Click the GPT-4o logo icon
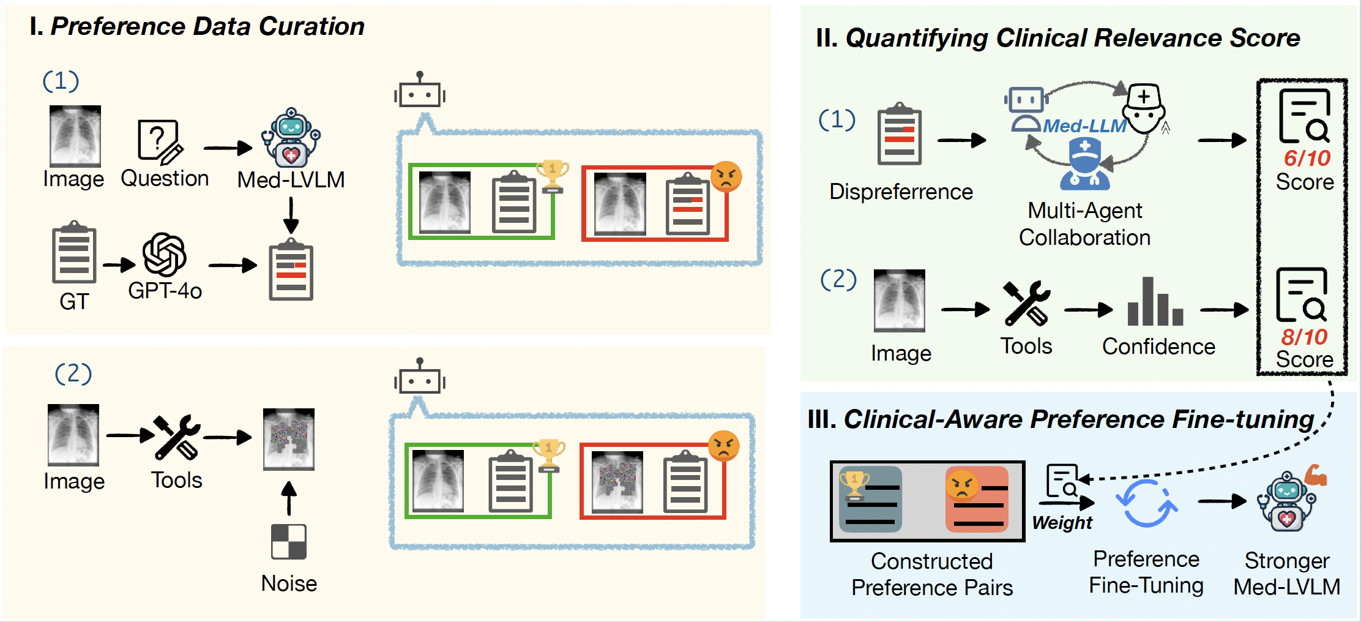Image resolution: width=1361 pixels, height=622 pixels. point(165,255)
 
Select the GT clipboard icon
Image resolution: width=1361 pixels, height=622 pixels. point(74,252)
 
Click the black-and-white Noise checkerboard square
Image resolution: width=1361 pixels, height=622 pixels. point(289,541)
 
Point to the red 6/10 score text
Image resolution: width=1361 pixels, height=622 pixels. point(1307,158)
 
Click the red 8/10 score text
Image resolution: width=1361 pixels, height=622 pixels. point(1304,336)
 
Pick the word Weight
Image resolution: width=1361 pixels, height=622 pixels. point(1062,522)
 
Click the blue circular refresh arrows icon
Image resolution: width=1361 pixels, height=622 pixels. point(1146,503)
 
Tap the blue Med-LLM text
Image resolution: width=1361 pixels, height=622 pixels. point(1084,126)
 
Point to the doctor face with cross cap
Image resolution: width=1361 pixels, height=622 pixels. point(1144,109)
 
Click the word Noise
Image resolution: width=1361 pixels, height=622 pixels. point(289,583)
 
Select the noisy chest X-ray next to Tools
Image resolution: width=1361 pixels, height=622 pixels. point(289,439)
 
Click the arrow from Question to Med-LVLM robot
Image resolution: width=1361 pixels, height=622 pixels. point(228,148)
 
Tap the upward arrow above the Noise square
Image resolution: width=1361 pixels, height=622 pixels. point(289,498)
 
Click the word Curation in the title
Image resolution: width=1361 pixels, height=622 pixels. point(311,26)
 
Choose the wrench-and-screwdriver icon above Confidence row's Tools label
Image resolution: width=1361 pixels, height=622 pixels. point(1027,302)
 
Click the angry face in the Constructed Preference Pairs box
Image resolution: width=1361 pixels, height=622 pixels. point(962,485)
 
